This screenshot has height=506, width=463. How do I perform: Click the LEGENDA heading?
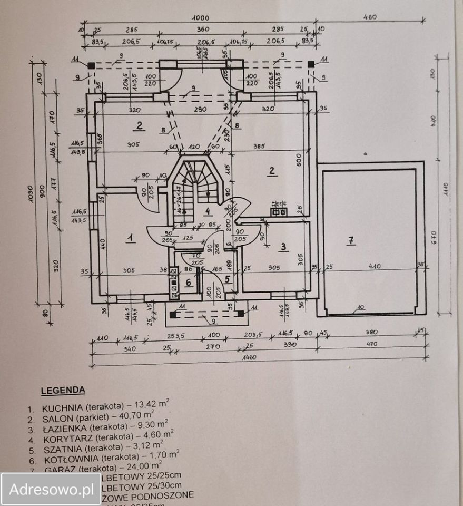coord(63,391)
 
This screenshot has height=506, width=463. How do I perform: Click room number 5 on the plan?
coord(227,279)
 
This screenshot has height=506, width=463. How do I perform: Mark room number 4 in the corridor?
coord(208,212)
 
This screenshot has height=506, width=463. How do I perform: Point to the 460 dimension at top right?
coord(370,17)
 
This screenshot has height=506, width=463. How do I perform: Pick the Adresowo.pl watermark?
coord(51,490)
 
